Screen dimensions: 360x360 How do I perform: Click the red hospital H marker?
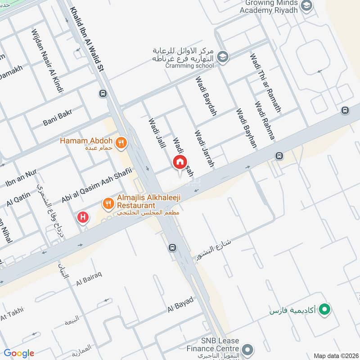pos(83,218)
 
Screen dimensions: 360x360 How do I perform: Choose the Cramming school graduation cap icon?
pos(222,57)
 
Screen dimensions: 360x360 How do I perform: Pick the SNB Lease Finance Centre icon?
pos(247,349)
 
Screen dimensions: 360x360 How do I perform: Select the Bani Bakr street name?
pos(58,118)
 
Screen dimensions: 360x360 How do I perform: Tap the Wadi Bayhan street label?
pos(246,128)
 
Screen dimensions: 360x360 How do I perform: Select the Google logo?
pos(19,353)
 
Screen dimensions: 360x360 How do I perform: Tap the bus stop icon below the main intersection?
pos(172,247)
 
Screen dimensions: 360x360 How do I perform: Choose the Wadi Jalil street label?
pos(154,132)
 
